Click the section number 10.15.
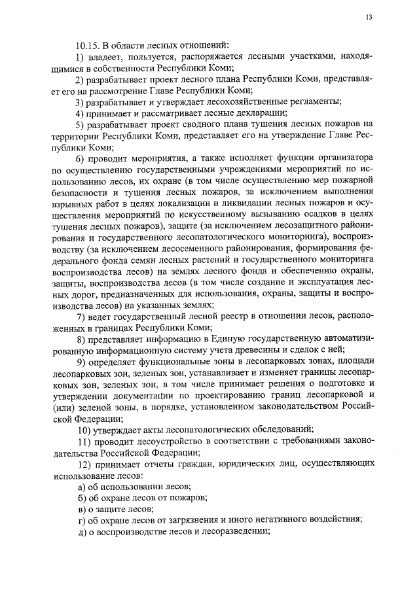87,45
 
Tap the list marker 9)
81,361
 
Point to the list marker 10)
84,429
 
